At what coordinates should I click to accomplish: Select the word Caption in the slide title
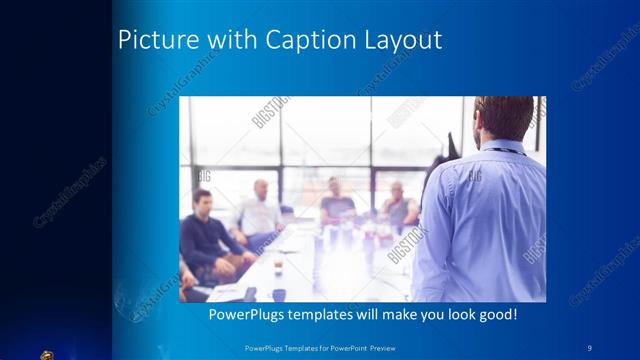coord(299,41)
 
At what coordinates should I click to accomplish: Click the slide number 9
coord(590,346)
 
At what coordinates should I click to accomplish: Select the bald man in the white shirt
coord(259,210)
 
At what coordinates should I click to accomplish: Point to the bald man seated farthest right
coord(397,205)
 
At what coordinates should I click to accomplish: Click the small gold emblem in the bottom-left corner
coord(46,353)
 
